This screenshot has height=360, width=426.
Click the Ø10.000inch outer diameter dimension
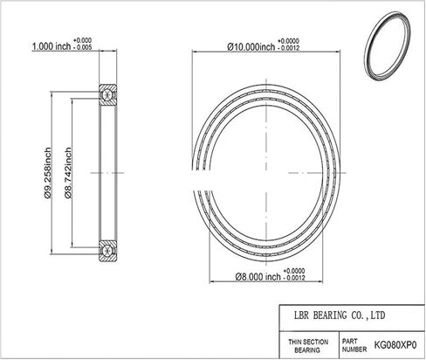tap(251, 46)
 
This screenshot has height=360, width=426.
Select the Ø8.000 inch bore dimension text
tap(258, 277)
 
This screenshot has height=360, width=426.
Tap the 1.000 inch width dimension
tap(52, 46)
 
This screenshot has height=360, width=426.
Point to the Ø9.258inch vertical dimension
tap(47, 173)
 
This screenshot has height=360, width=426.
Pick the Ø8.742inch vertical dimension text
tap(68, 173)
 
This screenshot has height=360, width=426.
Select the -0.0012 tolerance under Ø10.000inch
tap(288, 48)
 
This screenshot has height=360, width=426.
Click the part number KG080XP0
tap(395, 345)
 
